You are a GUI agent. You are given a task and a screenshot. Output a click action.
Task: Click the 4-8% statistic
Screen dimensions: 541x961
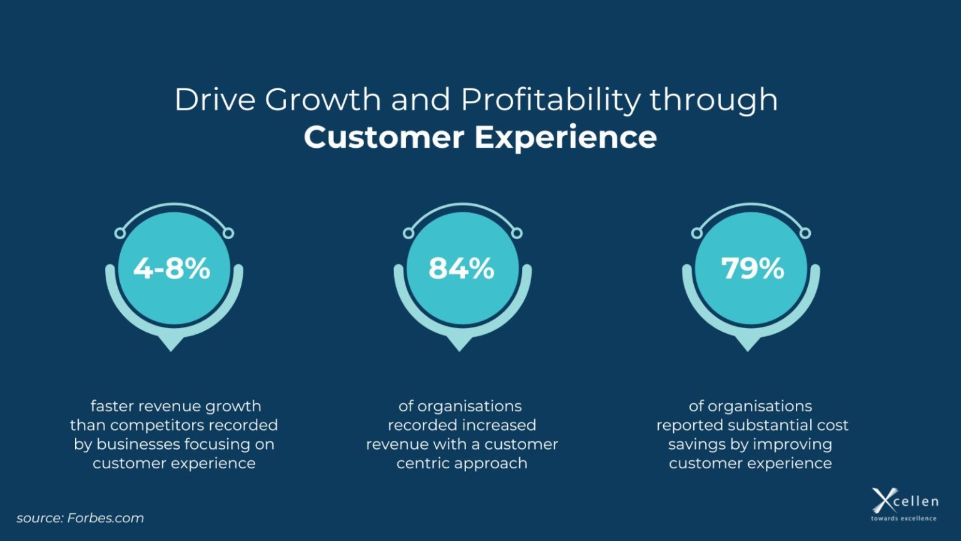172,269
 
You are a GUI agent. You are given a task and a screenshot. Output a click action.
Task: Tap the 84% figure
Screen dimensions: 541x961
461,269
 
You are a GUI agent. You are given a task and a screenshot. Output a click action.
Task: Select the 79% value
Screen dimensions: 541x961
753,269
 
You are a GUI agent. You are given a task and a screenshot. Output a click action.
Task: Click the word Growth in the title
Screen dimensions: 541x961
323,100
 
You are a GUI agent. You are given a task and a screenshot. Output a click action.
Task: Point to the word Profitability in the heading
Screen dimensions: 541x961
551,100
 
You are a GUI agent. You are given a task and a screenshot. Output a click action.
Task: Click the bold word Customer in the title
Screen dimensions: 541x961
384,138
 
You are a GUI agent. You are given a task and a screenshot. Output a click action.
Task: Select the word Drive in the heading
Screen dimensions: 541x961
215,100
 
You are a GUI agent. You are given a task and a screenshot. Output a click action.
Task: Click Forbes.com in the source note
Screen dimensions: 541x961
105,518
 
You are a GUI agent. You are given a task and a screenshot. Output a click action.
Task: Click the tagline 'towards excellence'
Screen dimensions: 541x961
903,518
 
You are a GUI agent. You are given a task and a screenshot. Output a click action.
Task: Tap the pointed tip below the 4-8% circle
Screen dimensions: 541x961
171,346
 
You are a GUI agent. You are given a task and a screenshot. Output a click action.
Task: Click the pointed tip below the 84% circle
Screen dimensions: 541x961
460,346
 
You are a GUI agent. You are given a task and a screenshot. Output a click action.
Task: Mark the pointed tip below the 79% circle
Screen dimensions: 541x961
748,346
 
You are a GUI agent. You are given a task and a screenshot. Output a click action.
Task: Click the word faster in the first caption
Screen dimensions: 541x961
112,406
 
